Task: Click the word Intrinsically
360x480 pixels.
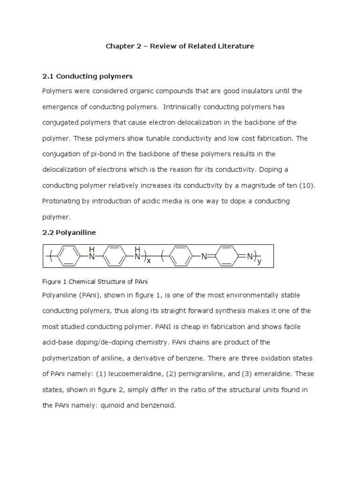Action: click(187, 107)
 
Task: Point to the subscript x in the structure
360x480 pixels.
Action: click(149, 261)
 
